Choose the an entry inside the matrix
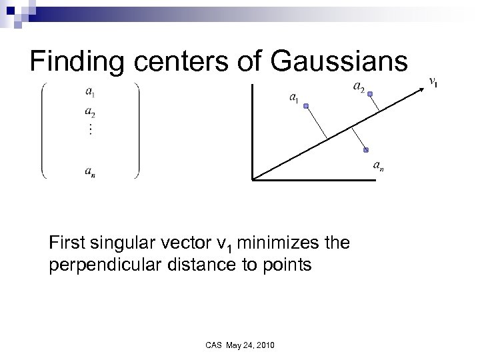click(89, 171)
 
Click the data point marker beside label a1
click(305, 106)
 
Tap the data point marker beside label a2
click(370, 94)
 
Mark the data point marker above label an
click(366, 150)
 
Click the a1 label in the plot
click(293, 98)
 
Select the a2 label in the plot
click(358, 86)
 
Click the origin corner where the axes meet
click(253, 179)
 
